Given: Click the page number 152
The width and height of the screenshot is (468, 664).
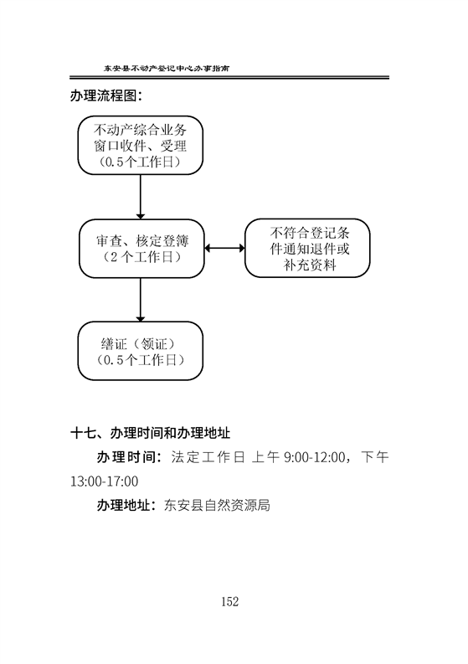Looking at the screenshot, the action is pyautogui.click(x=229, y=601).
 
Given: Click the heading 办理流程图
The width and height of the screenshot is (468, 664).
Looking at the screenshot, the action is pyautogui.click(x=105, y=95).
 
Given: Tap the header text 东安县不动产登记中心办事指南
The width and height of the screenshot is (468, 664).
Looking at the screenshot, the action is pyautogui.click(x=167, y=68).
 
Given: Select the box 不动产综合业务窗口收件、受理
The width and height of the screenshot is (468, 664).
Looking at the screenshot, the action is pyautogui.click(x=140, y=145).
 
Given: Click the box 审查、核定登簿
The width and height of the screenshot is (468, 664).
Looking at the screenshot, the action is pyautogui.click(x=141, y=249).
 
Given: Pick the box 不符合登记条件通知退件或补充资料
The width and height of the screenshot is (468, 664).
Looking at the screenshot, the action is pyautogui.click(x=307, y=248).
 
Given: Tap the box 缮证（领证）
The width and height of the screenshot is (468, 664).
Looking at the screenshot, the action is pyautogui.click(x=140, y=351).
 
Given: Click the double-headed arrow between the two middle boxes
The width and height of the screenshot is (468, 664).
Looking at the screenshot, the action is pyautogui.click(x=224, y=248).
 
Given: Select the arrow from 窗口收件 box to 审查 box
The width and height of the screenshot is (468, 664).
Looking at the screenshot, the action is pyautogui.click(x=140, y=197).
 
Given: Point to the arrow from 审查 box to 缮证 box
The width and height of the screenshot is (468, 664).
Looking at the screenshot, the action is pyautogui.click(x=140, y=300).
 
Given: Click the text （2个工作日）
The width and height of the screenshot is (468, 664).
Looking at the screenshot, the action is pyautogui.click(x=141, y=256).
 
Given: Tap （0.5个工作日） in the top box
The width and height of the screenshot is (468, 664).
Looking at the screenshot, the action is pyautogui.click(x=140, y=162).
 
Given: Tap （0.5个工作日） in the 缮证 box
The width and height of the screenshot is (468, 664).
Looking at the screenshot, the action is pyautogui.click(x=140, y=360).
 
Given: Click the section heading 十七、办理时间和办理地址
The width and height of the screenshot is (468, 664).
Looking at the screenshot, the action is pyautogui.click(x=150, y=433).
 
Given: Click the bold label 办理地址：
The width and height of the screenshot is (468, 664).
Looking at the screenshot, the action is pyautogui.click(x=126, y=505).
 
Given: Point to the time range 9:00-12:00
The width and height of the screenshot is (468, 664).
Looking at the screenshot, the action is pyautogui.click(x=314, y=457).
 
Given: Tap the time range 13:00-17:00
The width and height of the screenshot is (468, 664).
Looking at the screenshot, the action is pyautogui.click(x=104, y=481).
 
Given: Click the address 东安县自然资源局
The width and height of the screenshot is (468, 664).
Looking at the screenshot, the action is pyautogui.click(x=217, y=505).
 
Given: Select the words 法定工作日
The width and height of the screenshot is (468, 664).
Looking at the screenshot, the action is pyautogui.click(x=208, y=457).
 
